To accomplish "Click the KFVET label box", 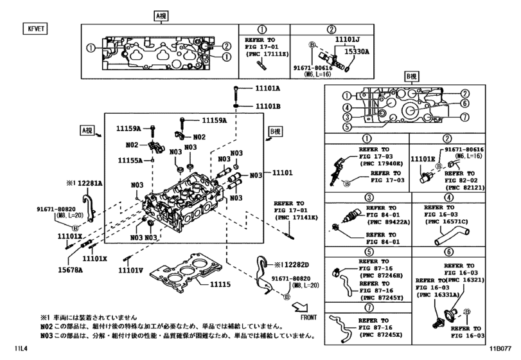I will click(31, 29).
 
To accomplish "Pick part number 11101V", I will click(130, 270).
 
